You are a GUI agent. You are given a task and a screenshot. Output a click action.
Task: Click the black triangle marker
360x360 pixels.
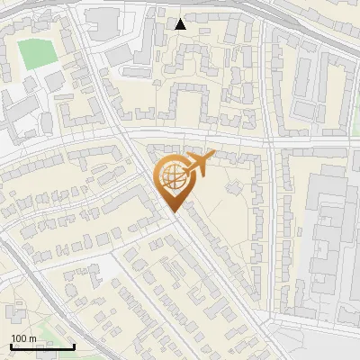tap(181, 23)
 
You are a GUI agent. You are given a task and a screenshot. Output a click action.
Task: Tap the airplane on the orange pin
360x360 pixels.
tap(199, 164)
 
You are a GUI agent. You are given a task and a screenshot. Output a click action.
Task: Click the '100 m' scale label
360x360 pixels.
tap(23, 338)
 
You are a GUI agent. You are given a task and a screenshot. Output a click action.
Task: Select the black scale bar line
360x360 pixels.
tap(42, 346)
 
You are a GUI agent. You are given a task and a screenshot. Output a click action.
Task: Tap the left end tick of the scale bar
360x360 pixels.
tap(11, 345)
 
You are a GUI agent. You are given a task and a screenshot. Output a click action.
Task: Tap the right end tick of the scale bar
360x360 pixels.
tap(74, 345)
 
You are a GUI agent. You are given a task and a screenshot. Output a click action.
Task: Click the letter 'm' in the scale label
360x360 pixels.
tap(32, 338)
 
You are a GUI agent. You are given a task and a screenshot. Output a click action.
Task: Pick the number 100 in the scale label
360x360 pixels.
tap(19, 338)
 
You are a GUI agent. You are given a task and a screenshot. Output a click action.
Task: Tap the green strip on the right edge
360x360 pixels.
tap(355, 126)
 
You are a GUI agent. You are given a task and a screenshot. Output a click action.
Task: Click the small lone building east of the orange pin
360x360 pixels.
tap(236, 189)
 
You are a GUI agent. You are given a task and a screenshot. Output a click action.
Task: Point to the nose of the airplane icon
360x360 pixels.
tap(212, 157)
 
